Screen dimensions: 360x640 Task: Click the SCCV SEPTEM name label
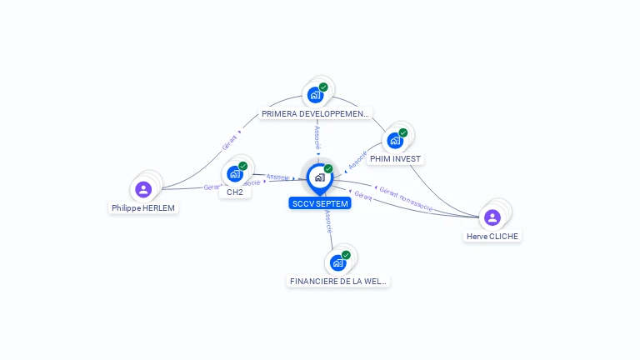click(320, 203)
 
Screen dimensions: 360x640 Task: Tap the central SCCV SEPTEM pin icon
click(319, 177)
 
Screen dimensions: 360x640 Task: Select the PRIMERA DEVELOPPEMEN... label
click(315, 113)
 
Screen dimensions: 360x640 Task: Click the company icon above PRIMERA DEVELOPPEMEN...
click(315, 94)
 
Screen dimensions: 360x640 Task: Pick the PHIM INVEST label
click(396, 158)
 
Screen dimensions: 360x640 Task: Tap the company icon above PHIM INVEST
click(395, 140)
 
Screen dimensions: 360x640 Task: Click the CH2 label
click(234, 192)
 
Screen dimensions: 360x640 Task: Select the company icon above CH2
click(234, 173)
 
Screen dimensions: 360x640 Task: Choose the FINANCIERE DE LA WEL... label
click(337, 281)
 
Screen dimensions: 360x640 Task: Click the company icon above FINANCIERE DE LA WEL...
click(337, 262)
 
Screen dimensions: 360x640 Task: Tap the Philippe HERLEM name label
click(143, 208)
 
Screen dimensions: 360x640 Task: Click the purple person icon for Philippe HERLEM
click(143, 189)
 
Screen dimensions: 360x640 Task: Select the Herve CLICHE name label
click(492, 236)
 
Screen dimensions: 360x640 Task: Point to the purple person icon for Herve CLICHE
click(492, 217)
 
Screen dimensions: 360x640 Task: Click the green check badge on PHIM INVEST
click(403, 132)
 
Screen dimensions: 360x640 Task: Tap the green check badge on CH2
click(242, 166)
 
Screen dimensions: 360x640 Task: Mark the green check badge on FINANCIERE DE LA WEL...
click(346, 255)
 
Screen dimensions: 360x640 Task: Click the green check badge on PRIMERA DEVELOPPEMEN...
click(323, 87)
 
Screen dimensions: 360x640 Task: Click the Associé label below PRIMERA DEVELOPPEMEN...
click(317, 137)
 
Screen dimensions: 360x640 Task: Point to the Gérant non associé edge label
click(407, 199)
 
